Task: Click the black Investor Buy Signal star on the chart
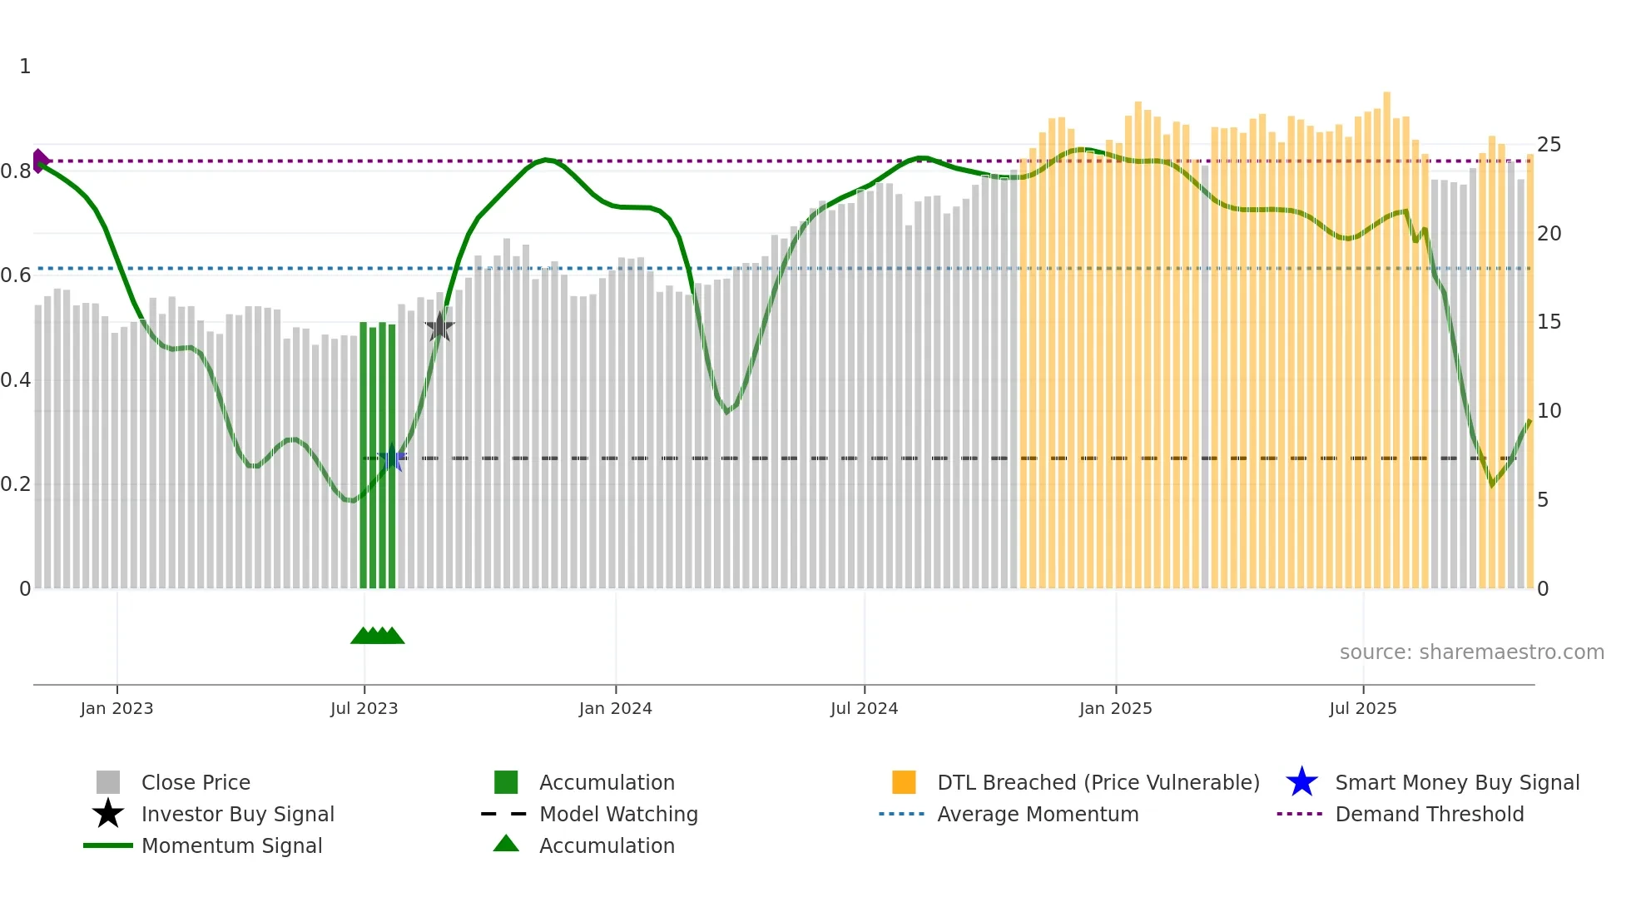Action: point(439,327)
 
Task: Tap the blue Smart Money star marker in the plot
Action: point(392,458)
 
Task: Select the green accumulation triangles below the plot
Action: point(377,636)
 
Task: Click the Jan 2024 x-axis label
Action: point(615,708)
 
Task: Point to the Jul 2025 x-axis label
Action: point(1362,708)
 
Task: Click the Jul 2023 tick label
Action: point(364,708)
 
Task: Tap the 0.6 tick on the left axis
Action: point(17,275)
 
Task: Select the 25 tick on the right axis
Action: point(1549,145)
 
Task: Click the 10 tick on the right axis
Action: point(1549,411)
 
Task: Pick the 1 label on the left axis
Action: point(25,67)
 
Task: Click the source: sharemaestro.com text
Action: point(1471,652)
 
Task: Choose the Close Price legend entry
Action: point(196,782)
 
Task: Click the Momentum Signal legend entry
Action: point(231,845)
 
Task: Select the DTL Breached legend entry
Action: point(1098,782)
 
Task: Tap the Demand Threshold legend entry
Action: point(1429,814)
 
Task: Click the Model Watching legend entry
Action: point(618,814)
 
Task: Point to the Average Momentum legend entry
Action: point(1037,814)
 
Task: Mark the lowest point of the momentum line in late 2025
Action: point(1492,484)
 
